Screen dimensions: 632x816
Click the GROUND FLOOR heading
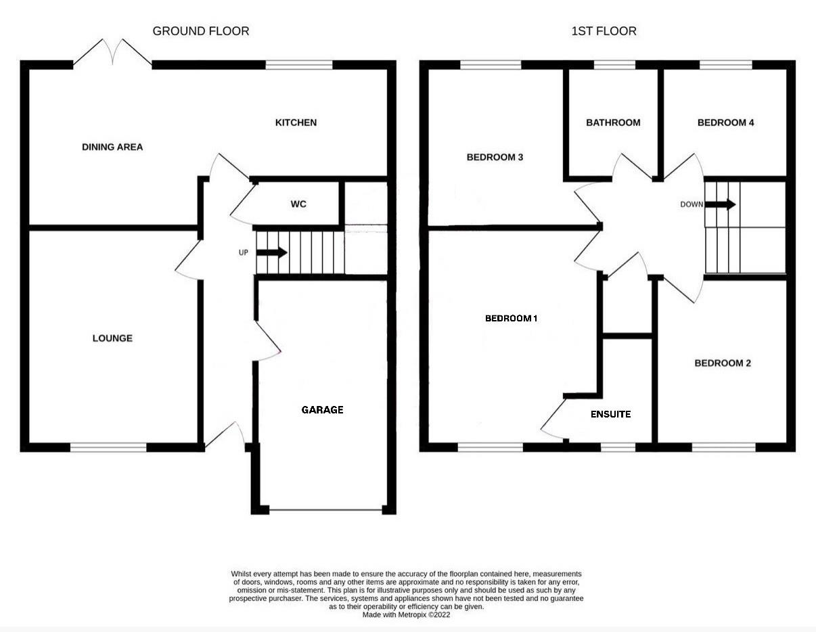click(x=200, y=31)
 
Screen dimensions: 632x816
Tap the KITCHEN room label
click(x=295, y=122)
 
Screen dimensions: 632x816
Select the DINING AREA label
click(x=112, y=147)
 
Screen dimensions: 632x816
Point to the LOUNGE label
click(x=112, y=338)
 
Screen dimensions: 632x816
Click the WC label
click(x=298, y=204)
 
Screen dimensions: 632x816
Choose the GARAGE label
click(x=322, y=409)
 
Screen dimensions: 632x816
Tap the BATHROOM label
click(x=613, y=122)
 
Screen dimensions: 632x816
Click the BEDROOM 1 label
click(x=511, y=318)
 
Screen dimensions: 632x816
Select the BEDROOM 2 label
click(x=723, y=363)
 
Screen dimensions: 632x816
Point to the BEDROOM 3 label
click(x=495, y=157)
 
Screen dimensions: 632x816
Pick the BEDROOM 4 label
click(x=725, y=122)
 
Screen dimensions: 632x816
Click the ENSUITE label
click(x=610, y=413)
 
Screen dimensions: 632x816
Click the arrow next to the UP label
click(x=272, y=253)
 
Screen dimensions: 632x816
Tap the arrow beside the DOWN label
click(x=721, y=204)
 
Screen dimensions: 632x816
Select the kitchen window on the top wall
click(x=299, y=65)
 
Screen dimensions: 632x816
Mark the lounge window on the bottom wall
click(x=108, y=447)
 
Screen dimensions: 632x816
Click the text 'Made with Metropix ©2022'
click(x=406, y=615)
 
